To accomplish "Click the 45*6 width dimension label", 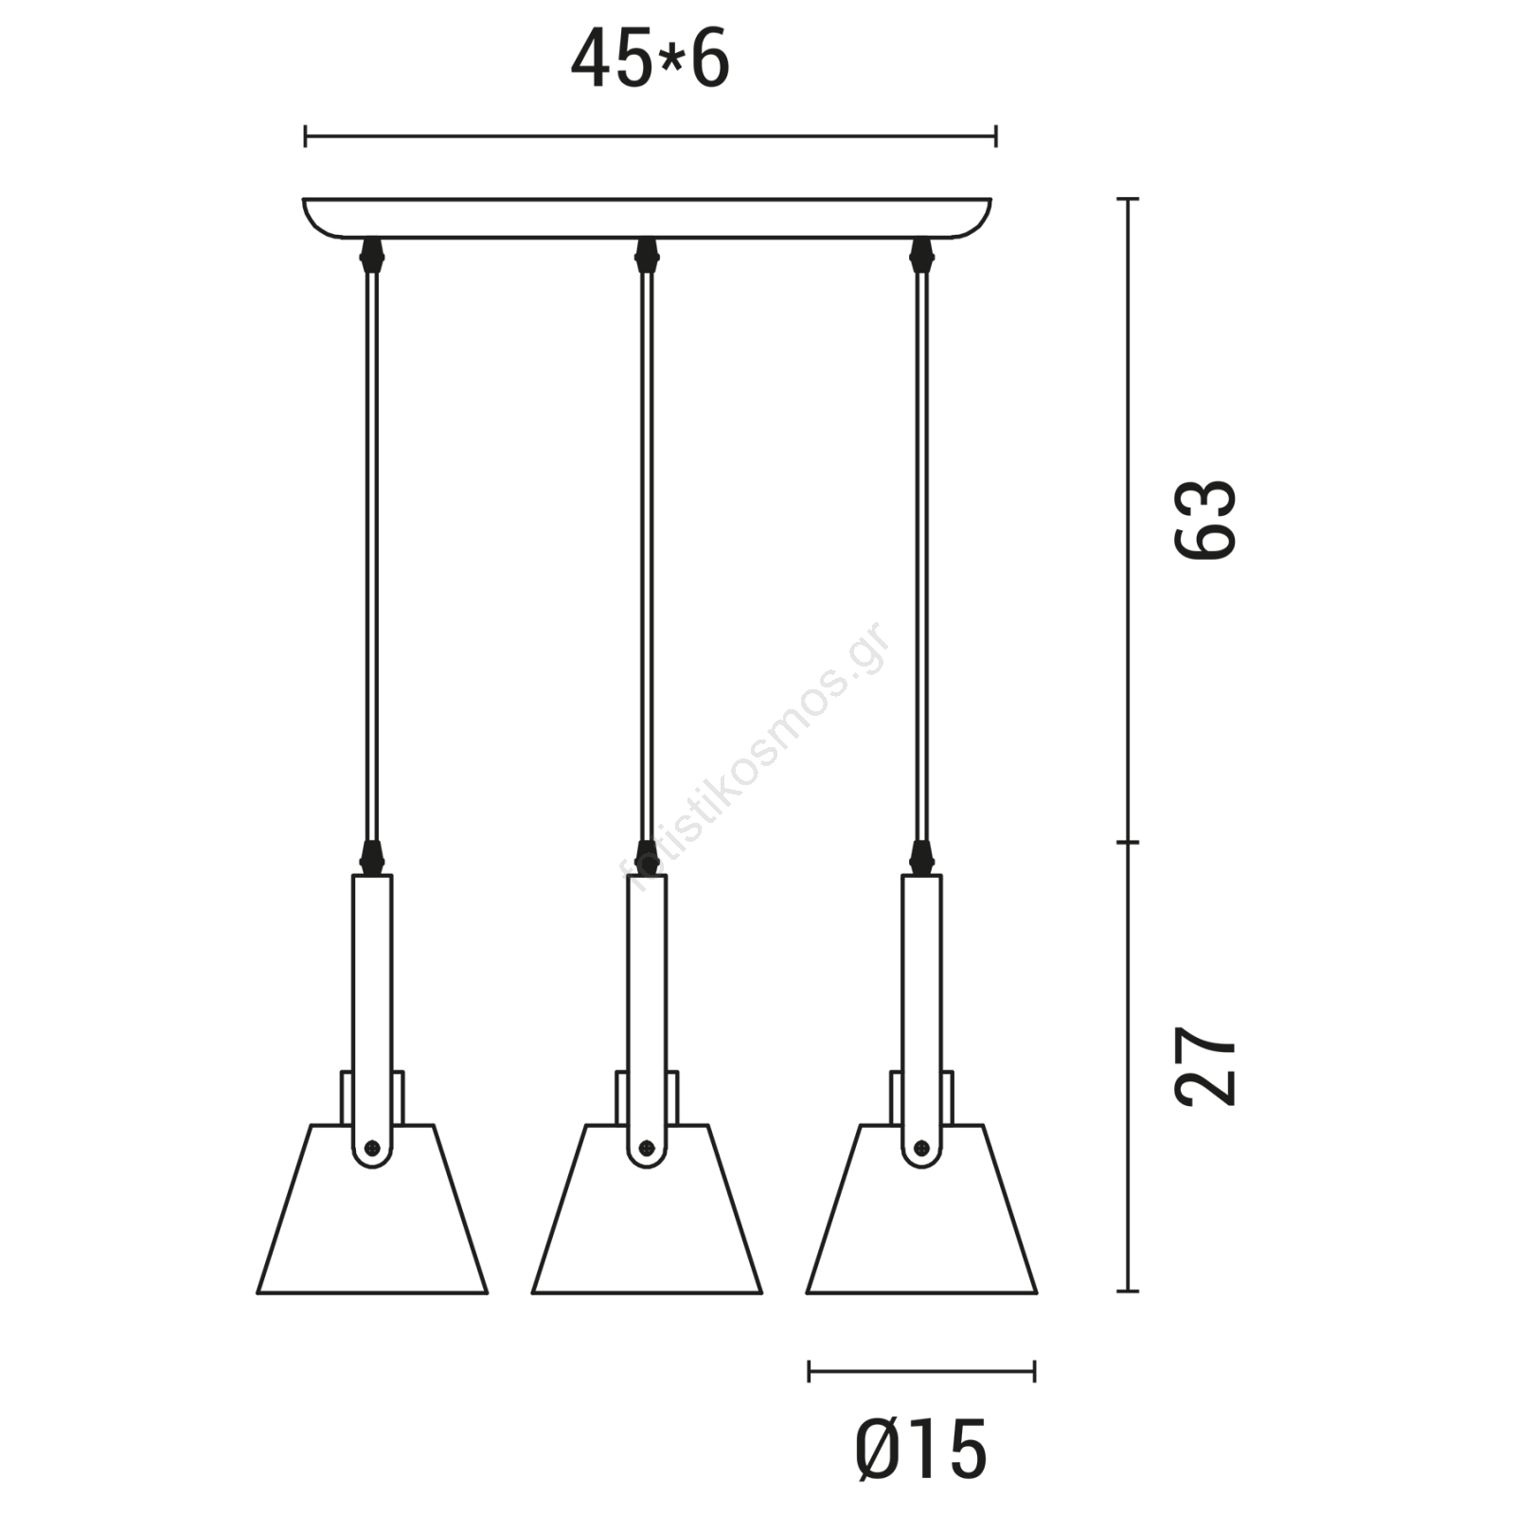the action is [x=650, y=59].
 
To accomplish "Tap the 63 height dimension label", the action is [x=1205, y=520].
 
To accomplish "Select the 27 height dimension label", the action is [x=1205, y=1065].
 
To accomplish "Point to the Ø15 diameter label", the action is [x=921, y=1450].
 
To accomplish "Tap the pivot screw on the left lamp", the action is [x=372, y=1148].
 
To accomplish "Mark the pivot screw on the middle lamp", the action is [x=647, y=1148].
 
